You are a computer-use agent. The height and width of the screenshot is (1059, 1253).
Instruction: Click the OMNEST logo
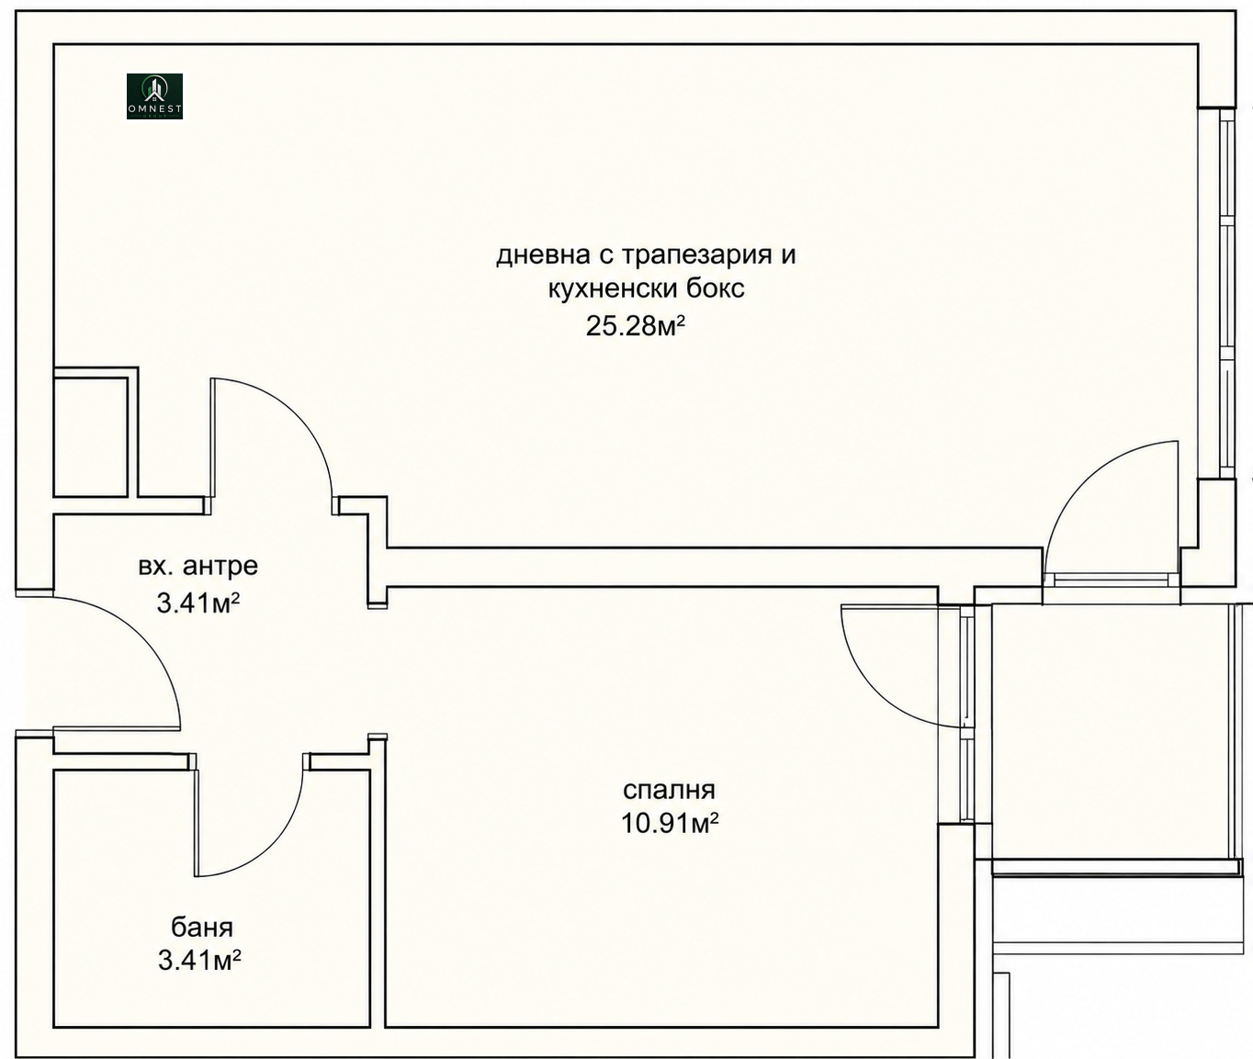(x=154, y=96)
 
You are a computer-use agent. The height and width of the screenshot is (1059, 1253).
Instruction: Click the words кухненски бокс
(x=646, y=289)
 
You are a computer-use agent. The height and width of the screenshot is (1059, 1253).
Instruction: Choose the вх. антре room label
(x=198, y=566)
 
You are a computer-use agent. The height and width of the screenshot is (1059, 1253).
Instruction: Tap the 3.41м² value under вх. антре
(x=198, y=603)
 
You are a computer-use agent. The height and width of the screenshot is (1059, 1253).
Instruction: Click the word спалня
(x=670, y=790)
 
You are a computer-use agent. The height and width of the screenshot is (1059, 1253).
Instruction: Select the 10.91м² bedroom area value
(x=670, y=823)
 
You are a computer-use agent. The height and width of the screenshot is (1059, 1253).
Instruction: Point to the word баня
(x=202, y=927)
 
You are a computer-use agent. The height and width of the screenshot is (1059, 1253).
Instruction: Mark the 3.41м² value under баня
(x=199, y=960)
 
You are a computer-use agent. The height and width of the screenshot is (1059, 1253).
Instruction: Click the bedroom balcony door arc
(x=868, y=685)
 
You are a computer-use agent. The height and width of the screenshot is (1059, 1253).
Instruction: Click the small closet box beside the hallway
(x=91, y=437)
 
